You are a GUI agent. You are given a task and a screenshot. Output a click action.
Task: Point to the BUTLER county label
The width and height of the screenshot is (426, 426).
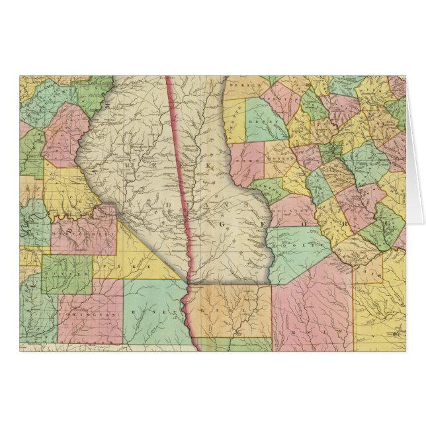(x=65, y=273)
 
